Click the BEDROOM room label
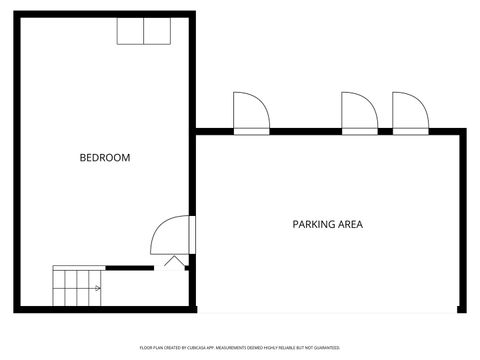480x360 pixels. click(105, 158)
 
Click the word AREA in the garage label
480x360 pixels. click(350, 224)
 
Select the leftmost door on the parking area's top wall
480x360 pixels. click(250, 113)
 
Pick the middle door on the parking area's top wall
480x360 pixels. click(359, 113)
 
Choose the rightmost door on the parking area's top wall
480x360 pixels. click(409, 113)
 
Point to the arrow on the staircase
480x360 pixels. click(96, 288)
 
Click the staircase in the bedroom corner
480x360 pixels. click(78, 287)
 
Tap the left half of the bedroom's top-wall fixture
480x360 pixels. click(131, 31)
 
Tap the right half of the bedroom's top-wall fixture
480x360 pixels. click(157, 31)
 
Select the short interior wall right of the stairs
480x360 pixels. click(129, 267)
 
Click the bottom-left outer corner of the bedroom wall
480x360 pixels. click(21, 306)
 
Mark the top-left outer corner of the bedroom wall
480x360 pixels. click(21, 16)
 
